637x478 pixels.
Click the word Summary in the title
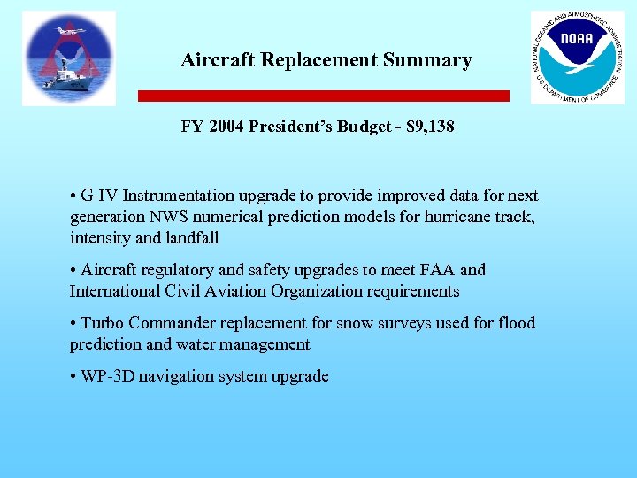point(427,60)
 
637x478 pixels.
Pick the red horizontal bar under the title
point(324,96)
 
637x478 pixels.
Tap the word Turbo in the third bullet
point(101,323)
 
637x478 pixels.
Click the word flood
point(517,323)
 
